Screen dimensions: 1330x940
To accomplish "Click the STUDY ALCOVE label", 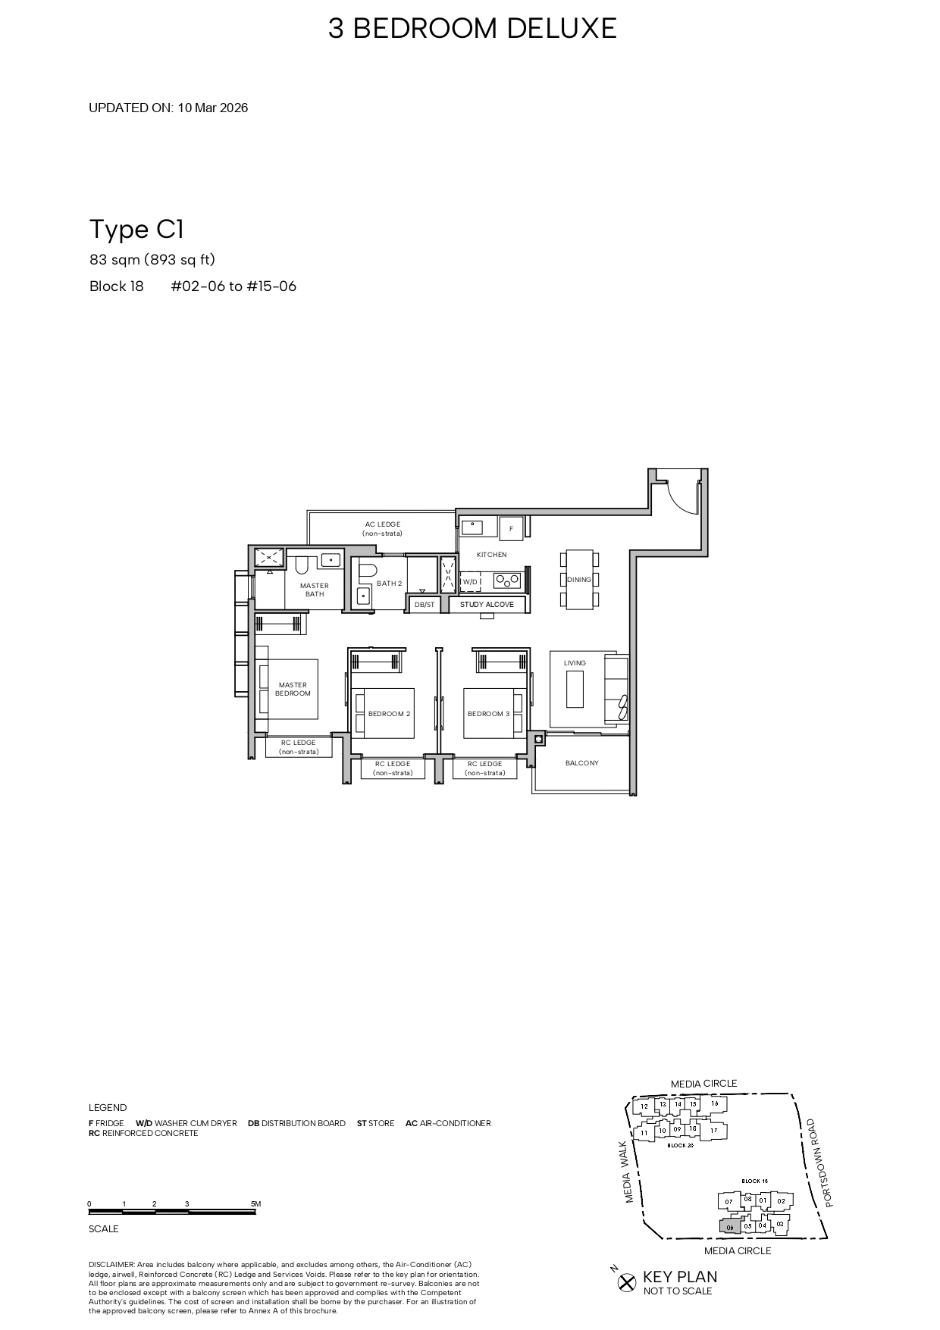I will (x=487, y=605).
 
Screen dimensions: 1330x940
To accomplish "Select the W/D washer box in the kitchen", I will (x=471, y=582).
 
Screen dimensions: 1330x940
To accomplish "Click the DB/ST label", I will (x=425, y=605).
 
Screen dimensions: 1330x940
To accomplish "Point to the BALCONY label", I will (x=581, y=763).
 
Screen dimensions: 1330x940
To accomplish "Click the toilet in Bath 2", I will (x=368, y=571).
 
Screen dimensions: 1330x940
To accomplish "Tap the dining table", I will (x=579, y=580).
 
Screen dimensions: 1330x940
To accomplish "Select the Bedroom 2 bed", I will (x=384, y=713).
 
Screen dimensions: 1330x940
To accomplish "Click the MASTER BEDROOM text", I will (x=293, y=689).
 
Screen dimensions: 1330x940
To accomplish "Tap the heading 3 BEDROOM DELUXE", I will (x=472, y=29).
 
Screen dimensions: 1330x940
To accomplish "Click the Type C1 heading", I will (x=136, y=229).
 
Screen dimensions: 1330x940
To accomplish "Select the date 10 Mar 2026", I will (x=213, y=108).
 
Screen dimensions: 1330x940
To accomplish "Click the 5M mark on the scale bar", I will (x=255, y=1204).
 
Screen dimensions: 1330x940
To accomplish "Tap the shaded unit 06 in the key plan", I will (x=729, y=1226).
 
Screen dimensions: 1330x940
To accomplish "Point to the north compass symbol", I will (x=626, y=1282).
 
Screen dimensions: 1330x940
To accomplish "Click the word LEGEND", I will (x=108, y=1107).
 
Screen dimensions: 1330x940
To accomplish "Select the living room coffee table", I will (x=575, y=689).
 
